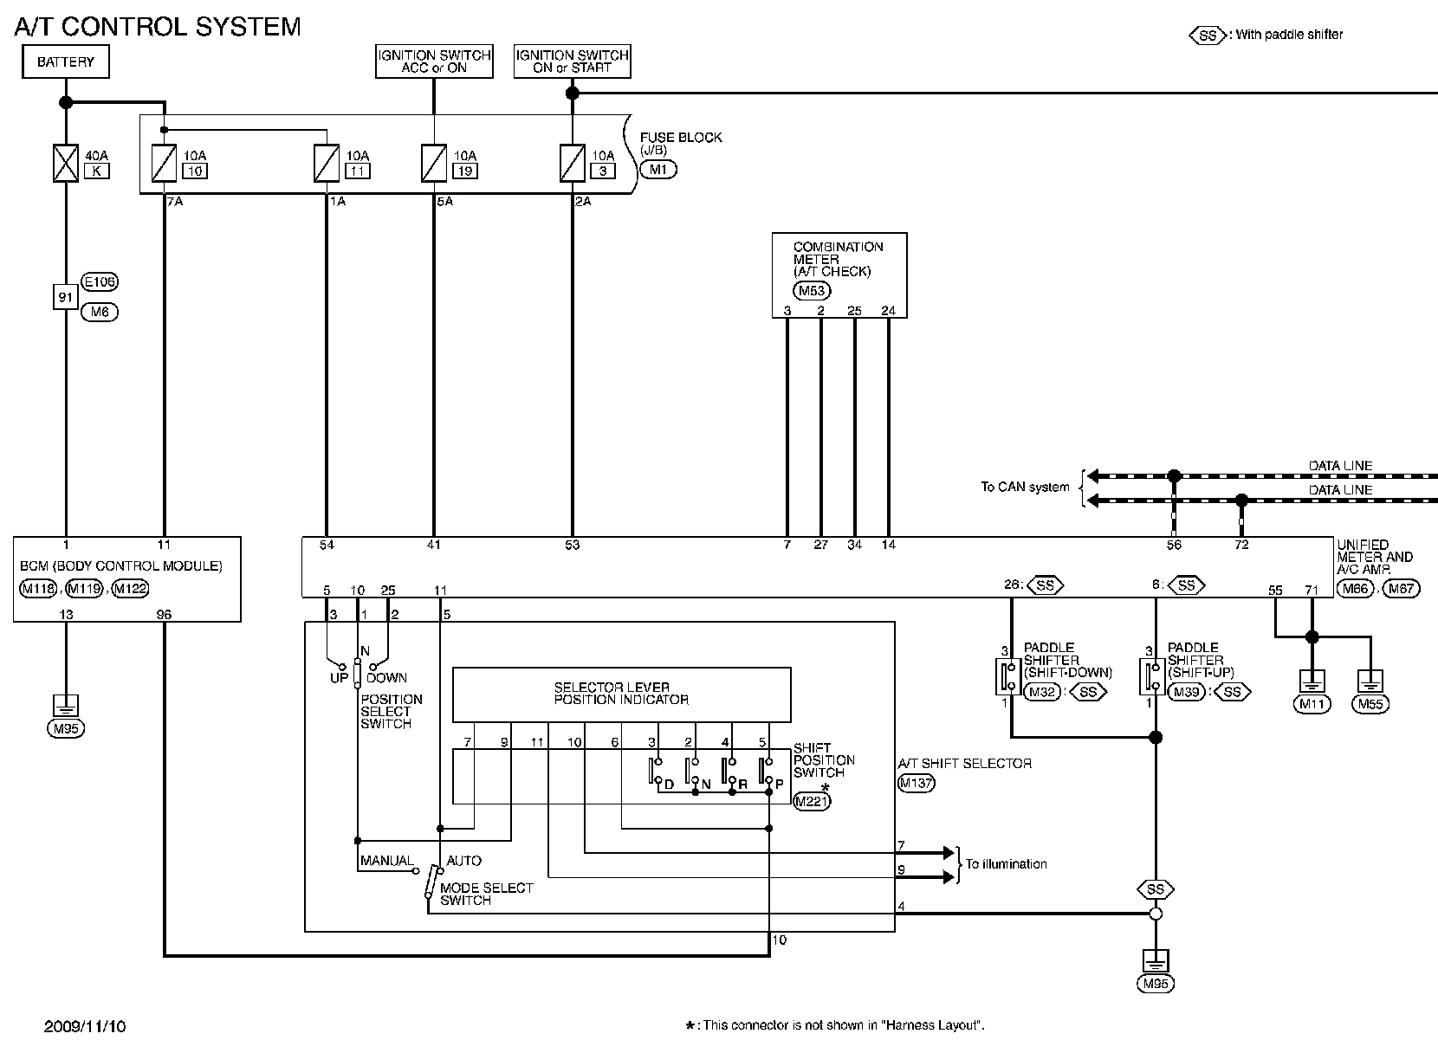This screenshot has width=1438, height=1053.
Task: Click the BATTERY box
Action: coord(66,61)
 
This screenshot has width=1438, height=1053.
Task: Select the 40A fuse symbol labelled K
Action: coord(66,163)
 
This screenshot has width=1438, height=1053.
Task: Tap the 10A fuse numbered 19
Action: coord(434,163)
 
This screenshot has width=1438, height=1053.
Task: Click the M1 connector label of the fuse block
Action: coord(658,170)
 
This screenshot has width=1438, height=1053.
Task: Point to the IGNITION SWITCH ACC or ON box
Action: coord(434,61)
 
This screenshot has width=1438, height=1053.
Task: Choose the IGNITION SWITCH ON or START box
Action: coord(572,61)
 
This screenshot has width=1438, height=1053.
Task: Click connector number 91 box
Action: coord(66,297)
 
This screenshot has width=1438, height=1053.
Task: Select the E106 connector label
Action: coord(100,281)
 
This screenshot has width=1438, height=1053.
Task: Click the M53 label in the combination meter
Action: coord(812,291)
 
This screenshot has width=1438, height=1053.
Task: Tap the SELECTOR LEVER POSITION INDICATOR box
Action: coord(621,694)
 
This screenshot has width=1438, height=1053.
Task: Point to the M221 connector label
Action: coord(812,801)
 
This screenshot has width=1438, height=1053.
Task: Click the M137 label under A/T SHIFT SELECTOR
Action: coord(917,783)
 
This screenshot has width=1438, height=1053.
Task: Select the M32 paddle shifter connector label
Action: coord(1042,692)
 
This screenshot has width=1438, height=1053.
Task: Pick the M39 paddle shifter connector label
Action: coord(1186,692)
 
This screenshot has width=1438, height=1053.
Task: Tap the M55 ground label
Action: coord(1370,704)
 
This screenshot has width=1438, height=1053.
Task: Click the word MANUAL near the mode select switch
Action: coord(387,861)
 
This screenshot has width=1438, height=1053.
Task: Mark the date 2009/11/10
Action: coord(85,1026)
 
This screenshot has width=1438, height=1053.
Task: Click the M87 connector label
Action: coord(1401,589)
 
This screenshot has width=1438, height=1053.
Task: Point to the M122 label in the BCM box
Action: coord(130,589)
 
